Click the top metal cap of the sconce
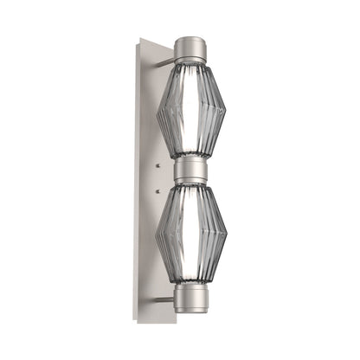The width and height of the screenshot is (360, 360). pos(190,50)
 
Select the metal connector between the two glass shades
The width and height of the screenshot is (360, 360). pos(190,170)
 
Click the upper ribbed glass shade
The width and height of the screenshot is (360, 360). pos(191,108)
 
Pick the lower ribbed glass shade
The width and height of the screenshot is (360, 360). pos(191,234)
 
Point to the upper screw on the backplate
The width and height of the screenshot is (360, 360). pos(158,162)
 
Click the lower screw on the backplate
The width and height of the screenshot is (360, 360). pos(158,192)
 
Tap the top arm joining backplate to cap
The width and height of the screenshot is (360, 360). pos(164,50)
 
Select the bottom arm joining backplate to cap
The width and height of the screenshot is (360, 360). pos(164,299)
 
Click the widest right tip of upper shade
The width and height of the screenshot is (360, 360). pos(226,111)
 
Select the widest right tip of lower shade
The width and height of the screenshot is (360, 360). pos(226,236)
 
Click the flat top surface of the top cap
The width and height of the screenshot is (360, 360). pos(190,39)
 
